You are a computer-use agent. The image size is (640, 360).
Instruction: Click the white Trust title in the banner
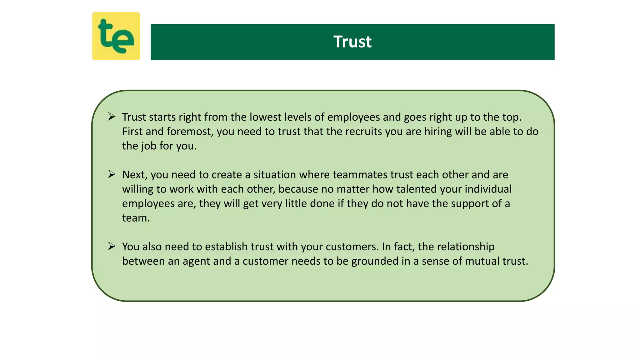point(352,42)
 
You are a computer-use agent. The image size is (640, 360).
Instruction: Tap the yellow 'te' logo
point(116,36)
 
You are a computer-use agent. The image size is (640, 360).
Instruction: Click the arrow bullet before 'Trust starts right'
point(112,117)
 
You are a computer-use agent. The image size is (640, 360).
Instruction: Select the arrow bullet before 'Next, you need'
point(112,174)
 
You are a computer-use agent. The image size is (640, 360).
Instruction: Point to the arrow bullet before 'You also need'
point(112,246)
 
